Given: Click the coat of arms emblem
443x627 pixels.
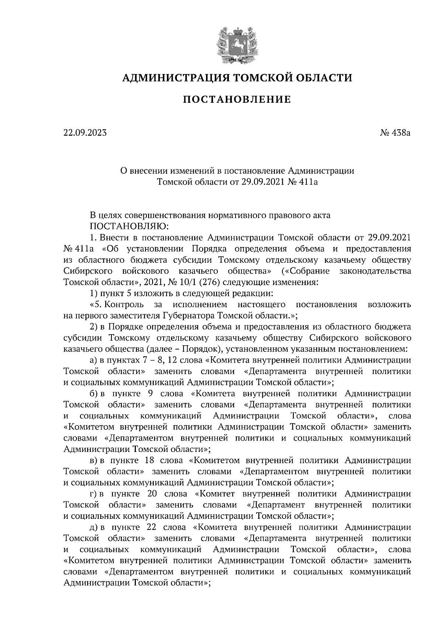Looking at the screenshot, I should pos(237,45).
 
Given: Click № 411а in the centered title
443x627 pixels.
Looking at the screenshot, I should pos(302,182).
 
